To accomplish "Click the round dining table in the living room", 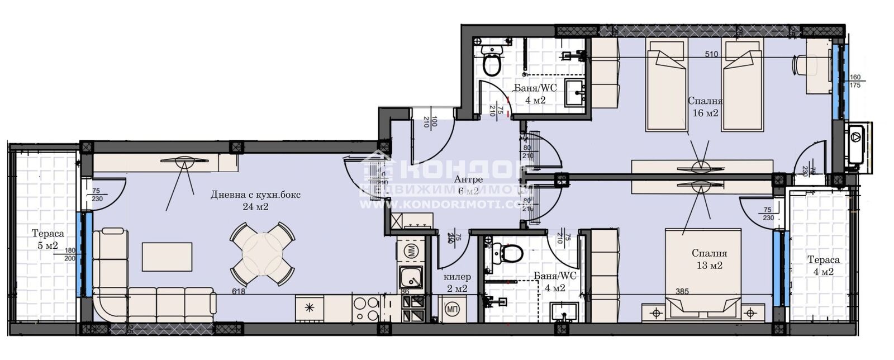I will coord(262,254).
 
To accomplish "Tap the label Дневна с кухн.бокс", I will coord(255,195).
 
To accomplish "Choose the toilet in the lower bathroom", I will coord(510,252).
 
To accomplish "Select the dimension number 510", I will coord(711,55).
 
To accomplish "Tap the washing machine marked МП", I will coord(452,309).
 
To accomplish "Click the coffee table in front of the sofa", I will coord(167,257).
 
